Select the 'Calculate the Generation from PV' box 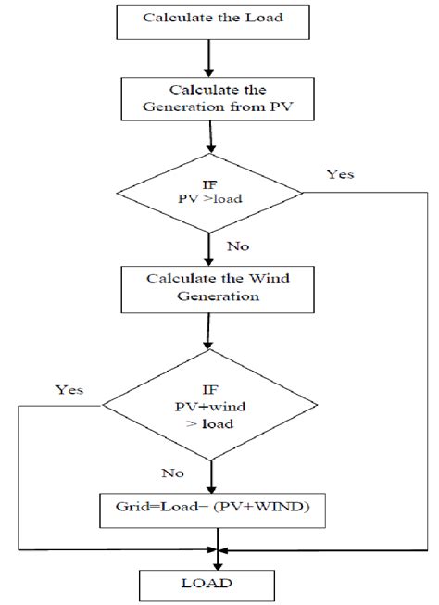tap(212, 99)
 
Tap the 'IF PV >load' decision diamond tap(211, 194)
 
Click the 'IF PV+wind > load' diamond tap(214, 405)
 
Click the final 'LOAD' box tap(219, 585)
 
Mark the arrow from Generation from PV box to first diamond tap(213, 142)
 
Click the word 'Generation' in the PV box tap(196, 108)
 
